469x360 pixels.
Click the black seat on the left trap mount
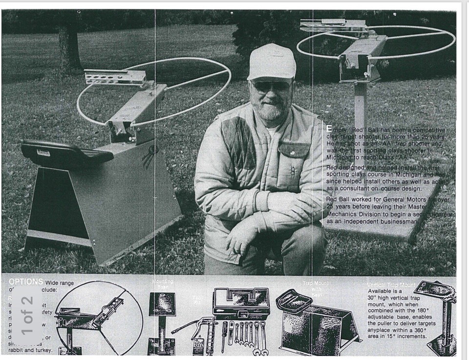tap(66, 152)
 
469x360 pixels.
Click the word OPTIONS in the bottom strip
tap(26, 282)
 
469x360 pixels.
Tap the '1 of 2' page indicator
tap(27, 315)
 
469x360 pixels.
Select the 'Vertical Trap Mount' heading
tap(391, 284)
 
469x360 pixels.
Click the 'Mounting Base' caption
tap(163, 284)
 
